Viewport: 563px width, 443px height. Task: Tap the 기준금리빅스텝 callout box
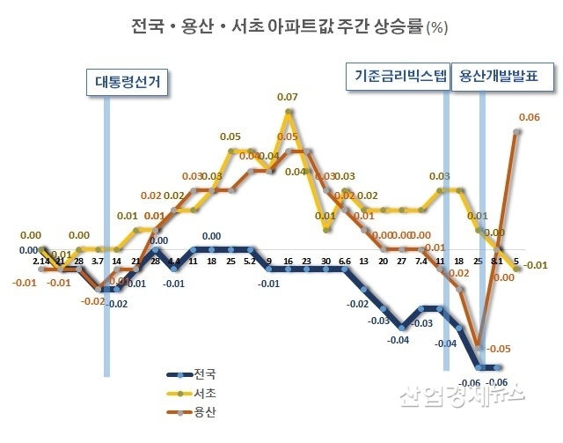[396, 76]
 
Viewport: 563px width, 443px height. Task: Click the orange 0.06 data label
[530, 117]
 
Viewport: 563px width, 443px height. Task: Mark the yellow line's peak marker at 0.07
[288, 112]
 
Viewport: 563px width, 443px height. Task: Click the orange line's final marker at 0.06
[517, 131]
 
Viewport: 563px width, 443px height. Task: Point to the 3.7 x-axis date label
[98, 262]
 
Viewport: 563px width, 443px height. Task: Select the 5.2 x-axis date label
[250, 262]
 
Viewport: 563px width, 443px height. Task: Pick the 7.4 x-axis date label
[421, 262]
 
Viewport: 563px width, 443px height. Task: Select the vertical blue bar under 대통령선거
[106, 220]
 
